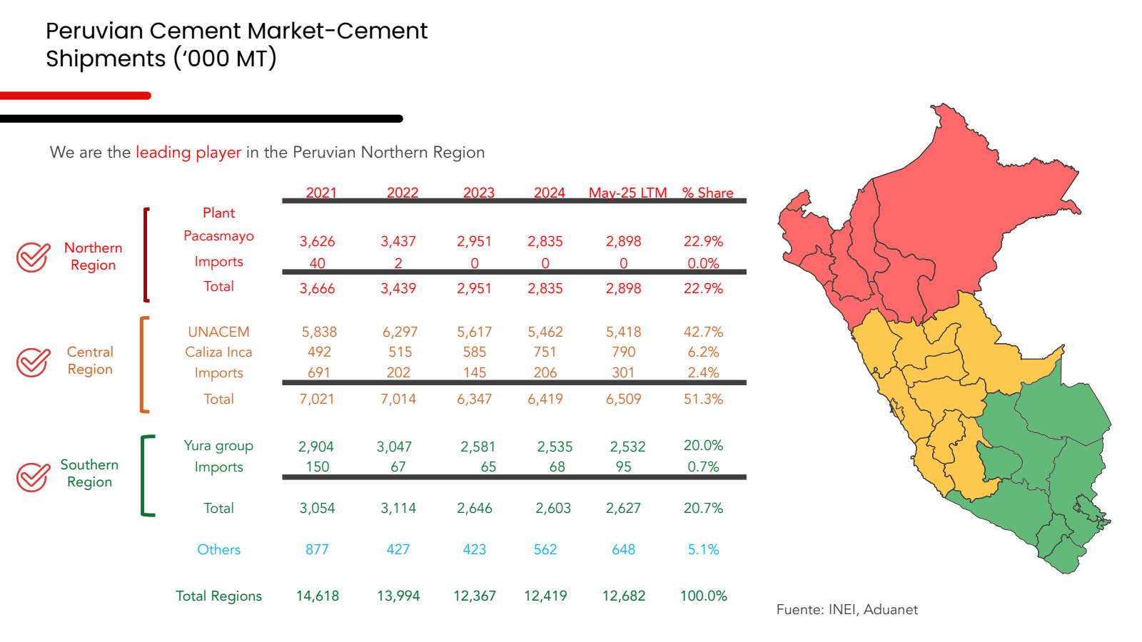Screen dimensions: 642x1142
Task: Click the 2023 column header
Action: (x=478, y=193)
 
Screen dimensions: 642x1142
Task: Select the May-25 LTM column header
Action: (x=627, y=193)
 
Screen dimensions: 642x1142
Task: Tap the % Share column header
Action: (x=707, y=193)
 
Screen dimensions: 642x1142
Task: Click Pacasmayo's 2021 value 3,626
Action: (x=317, y=241)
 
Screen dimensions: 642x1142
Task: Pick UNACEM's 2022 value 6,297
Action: (x=400, y=332)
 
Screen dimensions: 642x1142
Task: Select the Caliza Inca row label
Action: (x=218, y=352)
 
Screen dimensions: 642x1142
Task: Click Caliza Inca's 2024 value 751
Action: (x=545, y=352)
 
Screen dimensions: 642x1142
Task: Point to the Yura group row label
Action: (x=218, y=446)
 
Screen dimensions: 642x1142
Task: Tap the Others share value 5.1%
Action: (x=703, y=549)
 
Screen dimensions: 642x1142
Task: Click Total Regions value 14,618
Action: (x=318, y=596)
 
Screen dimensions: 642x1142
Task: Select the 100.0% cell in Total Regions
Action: (x=703, y=596)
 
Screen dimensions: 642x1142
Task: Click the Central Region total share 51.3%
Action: (x=703, y=399)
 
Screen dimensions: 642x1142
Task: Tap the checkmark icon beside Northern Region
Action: (x=34, y=257)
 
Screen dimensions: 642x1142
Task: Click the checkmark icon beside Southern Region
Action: (x=34, y=477)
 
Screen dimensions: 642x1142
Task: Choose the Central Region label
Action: (x=90, y=360)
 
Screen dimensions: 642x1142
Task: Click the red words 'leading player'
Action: (x=188, y=152)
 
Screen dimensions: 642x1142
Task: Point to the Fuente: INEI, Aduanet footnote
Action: (x=847, y=609)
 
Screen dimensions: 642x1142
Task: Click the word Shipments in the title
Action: (x=106, y=58)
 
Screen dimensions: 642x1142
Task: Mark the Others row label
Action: (x=218, y=549)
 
